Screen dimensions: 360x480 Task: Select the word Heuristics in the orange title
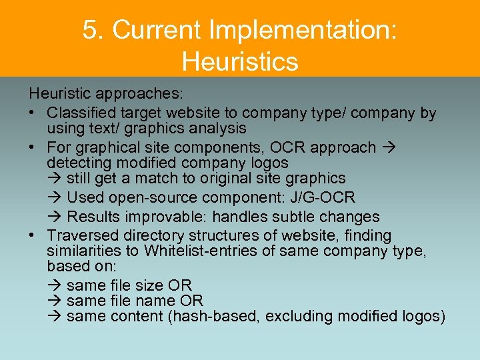[240, 61]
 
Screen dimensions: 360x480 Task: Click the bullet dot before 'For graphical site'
[33, 147]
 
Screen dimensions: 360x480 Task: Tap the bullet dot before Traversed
[33, 236]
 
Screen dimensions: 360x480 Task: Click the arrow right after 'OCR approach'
[389, 147]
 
